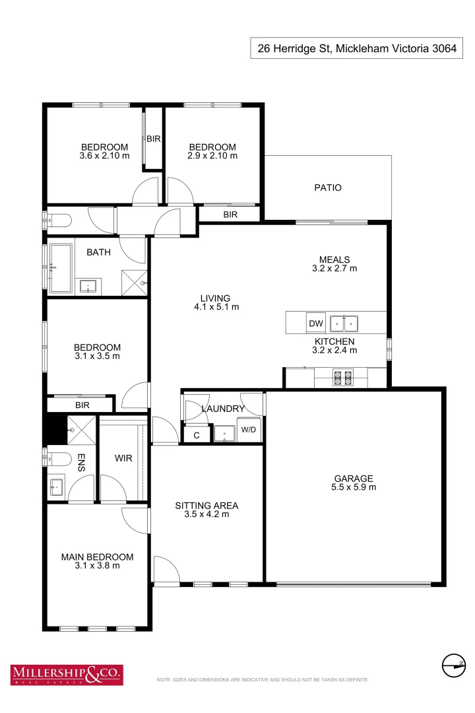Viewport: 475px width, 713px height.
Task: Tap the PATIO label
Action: coord(328,187)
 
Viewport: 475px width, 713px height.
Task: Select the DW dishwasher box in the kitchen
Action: coord(316,323)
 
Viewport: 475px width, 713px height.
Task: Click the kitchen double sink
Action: coord(344,323)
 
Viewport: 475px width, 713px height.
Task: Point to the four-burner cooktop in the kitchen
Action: coord(343,378)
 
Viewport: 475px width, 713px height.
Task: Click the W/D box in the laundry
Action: coord(249,430)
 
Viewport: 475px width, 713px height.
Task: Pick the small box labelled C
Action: coord(197,435)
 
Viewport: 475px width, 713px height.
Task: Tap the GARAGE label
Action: coord(354,479)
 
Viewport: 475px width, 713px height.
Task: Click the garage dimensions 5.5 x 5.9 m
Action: coord(354,488)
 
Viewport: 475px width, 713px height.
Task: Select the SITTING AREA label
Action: coord(206,506)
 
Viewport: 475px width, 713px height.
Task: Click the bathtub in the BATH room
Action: coord(61,268)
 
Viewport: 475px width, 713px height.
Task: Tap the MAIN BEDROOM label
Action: coord(97,557)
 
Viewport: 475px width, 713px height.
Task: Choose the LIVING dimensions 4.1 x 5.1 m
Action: coord(216,307)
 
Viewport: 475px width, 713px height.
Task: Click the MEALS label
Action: coord(334,259)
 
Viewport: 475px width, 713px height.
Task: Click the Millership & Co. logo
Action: coord(66,673)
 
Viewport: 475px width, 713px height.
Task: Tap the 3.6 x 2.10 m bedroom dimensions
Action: coord(104,156)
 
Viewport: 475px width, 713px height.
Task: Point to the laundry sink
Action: coord(224,434)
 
